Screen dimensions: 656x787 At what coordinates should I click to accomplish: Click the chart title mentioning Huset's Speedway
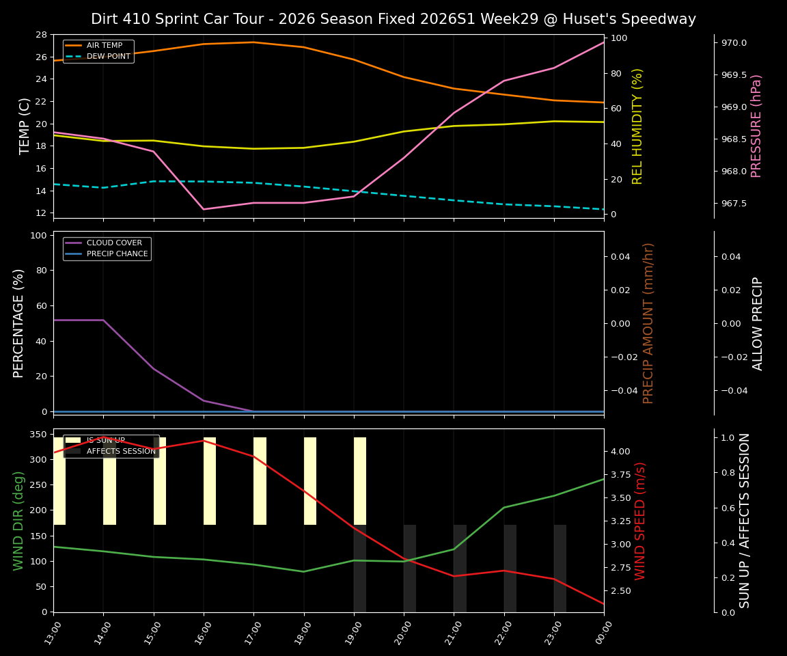pyautogui.click(x=393, y=19)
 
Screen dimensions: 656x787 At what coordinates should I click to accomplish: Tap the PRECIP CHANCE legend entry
pyautogui.click(x=117, y=254)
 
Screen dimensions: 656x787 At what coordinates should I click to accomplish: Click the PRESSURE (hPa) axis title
pyautogui.click(x=756, y=126)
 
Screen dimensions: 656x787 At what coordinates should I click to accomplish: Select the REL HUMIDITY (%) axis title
pyautogui.click(x=638, y=126)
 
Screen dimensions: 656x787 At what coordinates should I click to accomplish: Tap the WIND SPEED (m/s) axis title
pyautogui.click(x=640, y=521)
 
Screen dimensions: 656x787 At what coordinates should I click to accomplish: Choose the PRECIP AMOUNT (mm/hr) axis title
pyautogui.click(x=648, y=323)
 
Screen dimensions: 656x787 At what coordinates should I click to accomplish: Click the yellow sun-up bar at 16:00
pyautogui.click(x=210, y=481)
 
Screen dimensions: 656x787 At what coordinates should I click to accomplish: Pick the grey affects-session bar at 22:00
pyautogui.click(x=510, y=569)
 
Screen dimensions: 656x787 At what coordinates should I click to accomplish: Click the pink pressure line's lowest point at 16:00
pyautogui.click(x=204, y=209)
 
